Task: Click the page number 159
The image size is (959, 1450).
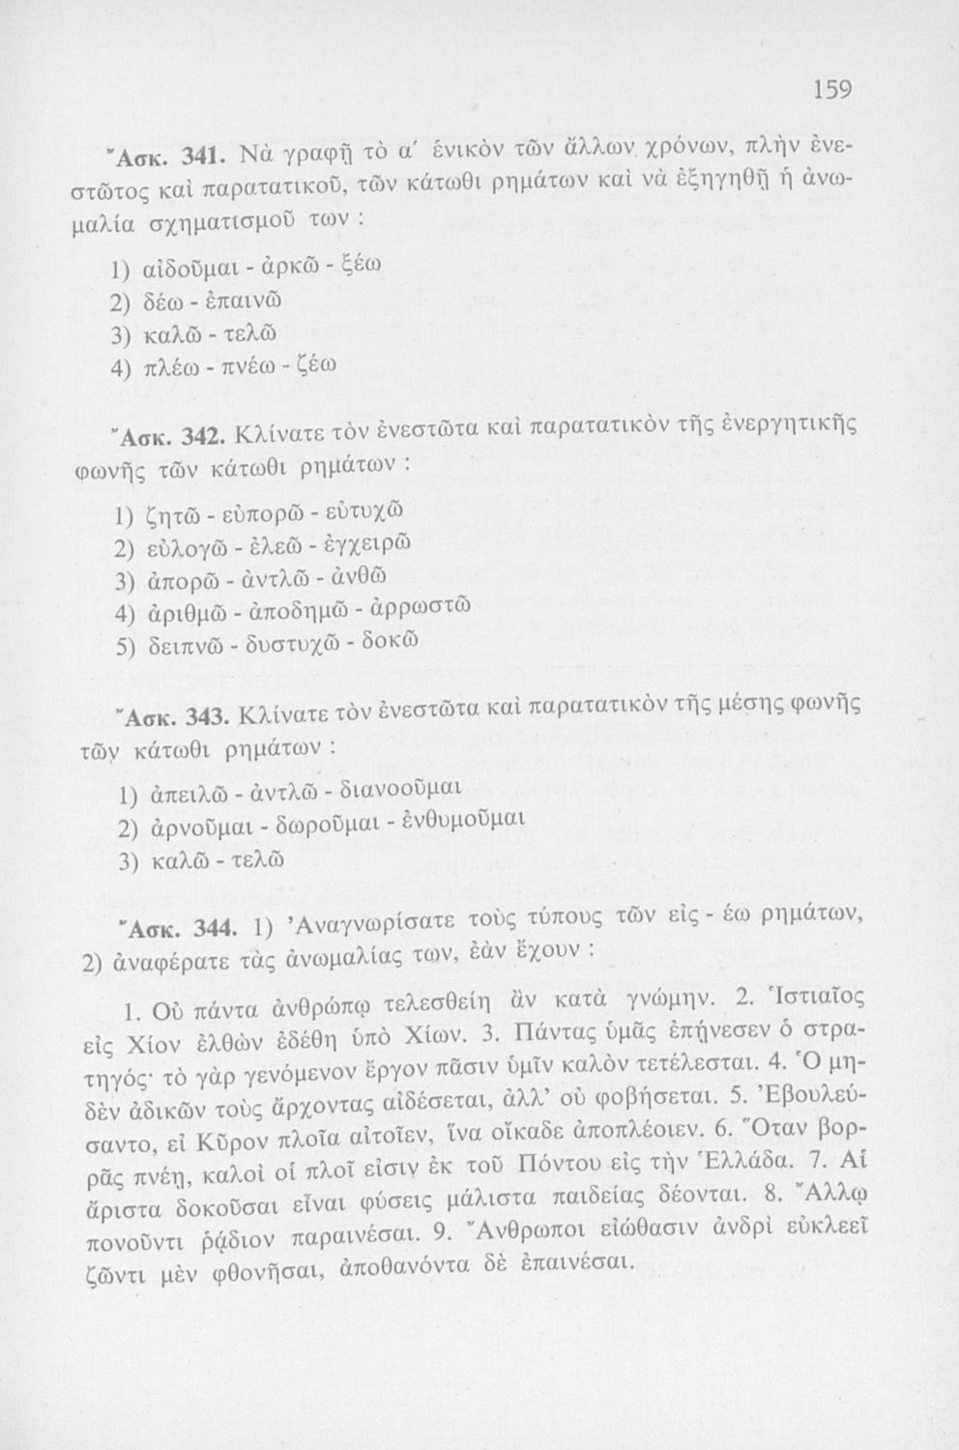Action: pos(830,90)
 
